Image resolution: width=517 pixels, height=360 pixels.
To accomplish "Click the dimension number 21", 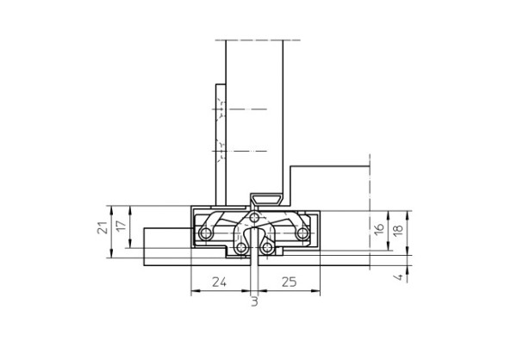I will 102,229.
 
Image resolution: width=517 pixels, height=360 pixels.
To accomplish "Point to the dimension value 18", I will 398,229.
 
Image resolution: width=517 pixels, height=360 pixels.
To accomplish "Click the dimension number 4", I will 398,276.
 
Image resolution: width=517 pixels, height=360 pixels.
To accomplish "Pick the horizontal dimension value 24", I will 220,282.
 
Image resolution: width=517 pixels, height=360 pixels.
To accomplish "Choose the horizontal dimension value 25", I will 290,282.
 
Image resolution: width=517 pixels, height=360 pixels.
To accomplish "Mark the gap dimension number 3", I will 254,302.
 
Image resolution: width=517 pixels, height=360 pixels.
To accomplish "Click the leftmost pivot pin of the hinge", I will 205,233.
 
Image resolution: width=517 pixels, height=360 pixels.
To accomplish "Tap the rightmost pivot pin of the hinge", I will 302,233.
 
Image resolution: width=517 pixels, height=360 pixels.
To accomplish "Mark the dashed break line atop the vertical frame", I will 257,40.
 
